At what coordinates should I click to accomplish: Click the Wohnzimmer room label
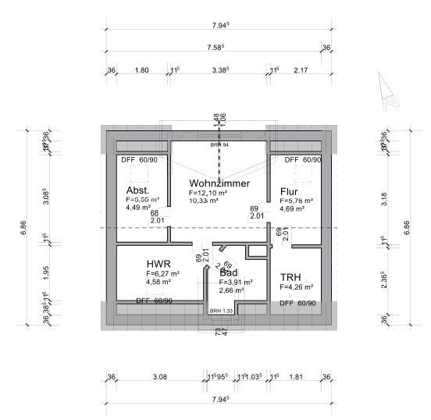(x=219, y=183)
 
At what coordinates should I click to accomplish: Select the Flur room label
(x=288, y=190)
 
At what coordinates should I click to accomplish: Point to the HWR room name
(x=159, y=264)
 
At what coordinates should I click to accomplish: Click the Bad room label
(x=228, y=272)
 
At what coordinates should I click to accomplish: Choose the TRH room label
(x=290, y=277)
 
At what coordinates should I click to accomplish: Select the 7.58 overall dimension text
(x=216, y=48)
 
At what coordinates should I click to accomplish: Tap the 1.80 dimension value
(x=141, y=70)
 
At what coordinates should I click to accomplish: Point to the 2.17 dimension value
(x=301, y=70)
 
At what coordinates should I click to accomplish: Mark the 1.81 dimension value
(x=296, y=377)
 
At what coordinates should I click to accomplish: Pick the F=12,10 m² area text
(x=208, y=193)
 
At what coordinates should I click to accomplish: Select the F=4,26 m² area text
(x=296, y=287)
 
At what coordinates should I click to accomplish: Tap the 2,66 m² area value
(x=232, y=290)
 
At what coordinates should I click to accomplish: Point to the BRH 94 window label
(x=219, y=144)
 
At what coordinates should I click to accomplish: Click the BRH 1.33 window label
(x=221, y=311)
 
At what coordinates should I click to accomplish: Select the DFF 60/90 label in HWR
(x=154, y=301)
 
